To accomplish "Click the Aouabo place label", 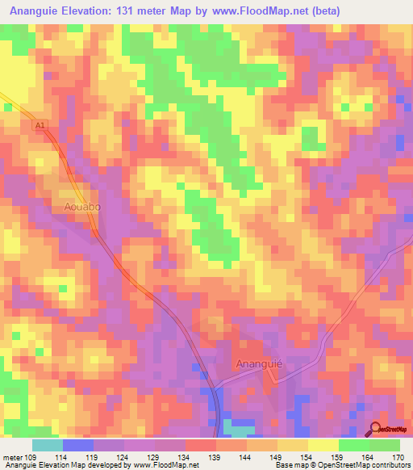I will click(81, 208).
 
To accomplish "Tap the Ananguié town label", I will click(259, 363).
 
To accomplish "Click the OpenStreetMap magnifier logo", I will click(376, 430).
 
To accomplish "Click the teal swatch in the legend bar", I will click(48, 445).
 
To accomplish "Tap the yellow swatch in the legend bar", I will click(323, 445).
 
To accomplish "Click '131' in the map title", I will click(142, 11).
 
